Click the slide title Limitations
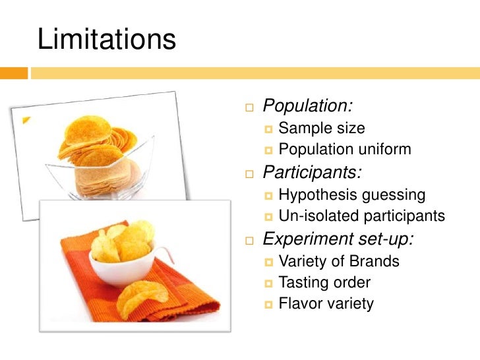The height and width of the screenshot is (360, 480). [x=107, y=39]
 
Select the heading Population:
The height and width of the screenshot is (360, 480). [x=307, y=105]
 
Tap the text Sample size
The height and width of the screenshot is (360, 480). [x=321, y=128]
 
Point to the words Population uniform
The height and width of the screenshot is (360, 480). [x=344, y=150]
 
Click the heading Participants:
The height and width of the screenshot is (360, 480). [x=312, y=173]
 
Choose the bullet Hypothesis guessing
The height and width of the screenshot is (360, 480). [x=351, y=195]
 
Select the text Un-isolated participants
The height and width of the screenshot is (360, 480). [x=361, y=216]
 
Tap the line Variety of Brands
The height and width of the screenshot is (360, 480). [x=339, y=261]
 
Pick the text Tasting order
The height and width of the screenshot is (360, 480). [x=324, y=283]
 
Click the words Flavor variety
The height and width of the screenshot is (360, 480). [x=326, y=304]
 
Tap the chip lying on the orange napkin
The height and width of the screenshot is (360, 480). [x=141, y=297]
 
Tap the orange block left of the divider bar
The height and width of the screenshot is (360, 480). [x=14, y=73]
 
